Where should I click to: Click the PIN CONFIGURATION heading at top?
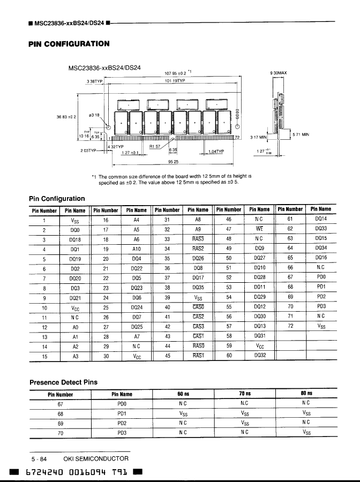tap(69, 44)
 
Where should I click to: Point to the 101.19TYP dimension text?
tap(174, 81)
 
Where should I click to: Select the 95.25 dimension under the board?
tap(174, 161)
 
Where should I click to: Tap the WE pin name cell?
tap(259, 229)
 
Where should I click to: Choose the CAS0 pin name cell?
tap(198, 307)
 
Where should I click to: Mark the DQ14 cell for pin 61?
tap(321, 220)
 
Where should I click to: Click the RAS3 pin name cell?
tap(198, 239)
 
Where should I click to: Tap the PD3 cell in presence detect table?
tap(122, 433)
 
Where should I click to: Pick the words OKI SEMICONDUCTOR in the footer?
tap(96, 458)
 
